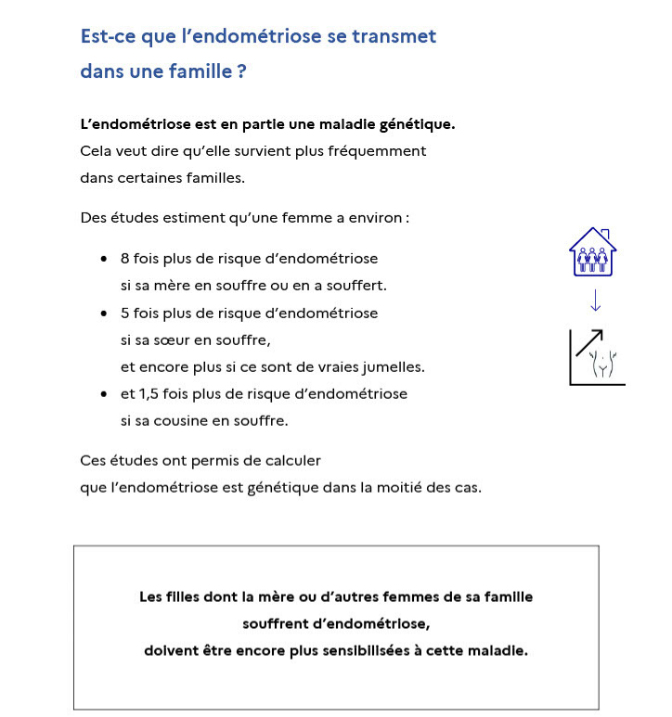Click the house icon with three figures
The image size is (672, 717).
point(592,252)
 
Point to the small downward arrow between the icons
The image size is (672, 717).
point(595,301)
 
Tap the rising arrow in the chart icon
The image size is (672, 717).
point(588,342)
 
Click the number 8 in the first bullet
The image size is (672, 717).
point(125,259)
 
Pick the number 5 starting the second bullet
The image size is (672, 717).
point(125,314)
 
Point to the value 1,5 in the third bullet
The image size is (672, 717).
point(147,394)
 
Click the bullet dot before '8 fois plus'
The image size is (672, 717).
point(104,260)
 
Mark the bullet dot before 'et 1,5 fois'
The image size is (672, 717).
point(104,395)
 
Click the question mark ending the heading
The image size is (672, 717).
point(241,70)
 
